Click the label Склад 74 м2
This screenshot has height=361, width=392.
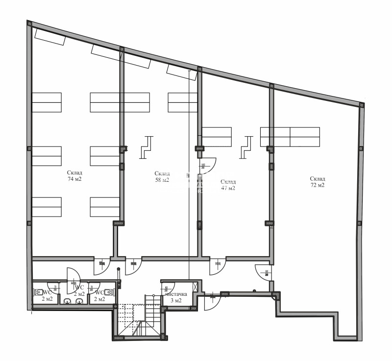[74, 176]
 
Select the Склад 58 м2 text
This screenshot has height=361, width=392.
[162, 177]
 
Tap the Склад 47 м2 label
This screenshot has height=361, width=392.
[228, 185]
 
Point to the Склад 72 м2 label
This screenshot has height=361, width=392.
[318, 182]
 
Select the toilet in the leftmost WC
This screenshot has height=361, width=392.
[38, 292]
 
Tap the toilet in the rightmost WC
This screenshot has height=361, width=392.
[112, 292]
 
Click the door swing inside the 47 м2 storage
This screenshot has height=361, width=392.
[207, 166]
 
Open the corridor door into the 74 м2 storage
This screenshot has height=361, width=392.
[102, 265]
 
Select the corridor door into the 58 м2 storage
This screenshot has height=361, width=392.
[133, 265]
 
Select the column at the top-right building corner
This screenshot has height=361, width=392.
[361, 105]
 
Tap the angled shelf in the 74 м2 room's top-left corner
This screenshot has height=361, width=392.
[49, 37]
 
